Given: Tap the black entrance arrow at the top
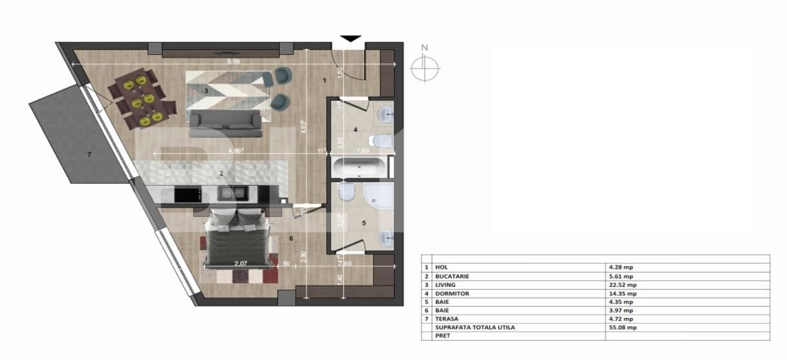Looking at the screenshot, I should click(x=350, y=39).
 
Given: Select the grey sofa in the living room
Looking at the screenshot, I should click(x=225, y=123).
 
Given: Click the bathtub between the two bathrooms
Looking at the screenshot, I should click(x=360, y=167).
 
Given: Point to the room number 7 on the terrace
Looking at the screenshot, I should click(x=89, y=154).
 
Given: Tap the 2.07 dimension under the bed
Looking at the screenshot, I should click(x=242, y=263).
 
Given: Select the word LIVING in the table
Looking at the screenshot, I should click(x=445, y=284).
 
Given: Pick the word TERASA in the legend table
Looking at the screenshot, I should click(x=446, y=319).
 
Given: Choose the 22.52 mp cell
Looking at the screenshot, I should click(x=622, y=284).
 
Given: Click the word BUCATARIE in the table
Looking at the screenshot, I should click(x=452, y=276).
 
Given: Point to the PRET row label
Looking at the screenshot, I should click(x=442, y=336).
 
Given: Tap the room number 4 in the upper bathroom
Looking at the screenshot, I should click(x=355, y=130).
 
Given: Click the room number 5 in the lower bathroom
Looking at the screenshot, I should click(x=363, y=223).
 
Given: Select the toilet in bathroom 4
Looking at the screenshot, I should click(x=381, y=140).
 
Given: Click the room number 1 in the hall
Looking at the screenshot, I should click(x=324, y=81).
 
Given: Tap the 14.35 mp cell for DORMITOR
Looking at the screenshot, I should click(x=622, y=293).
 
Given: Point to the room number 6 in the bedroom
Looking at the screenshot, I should click(x=291, y=238).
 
